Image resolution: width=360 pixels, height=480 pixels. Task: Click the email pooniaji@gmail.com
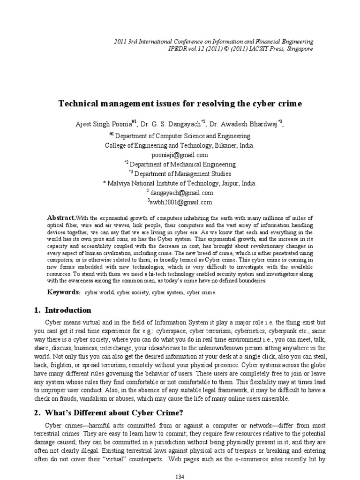tap(180, 155)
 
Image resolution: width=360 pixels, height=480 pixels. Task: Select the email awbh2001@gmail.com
tap(180, 202)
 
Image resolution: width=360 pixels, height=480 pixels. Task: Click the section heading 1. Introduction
tap(63, 310)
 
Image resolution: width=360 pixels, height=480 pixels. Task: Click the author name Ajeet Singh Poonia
tap(103, 124)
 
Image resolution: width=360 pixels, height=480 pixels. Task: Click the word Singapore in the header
tap(299, 49)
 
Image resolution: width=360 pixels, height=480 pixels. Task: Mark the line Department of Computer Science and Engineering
tap(182, 136)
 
